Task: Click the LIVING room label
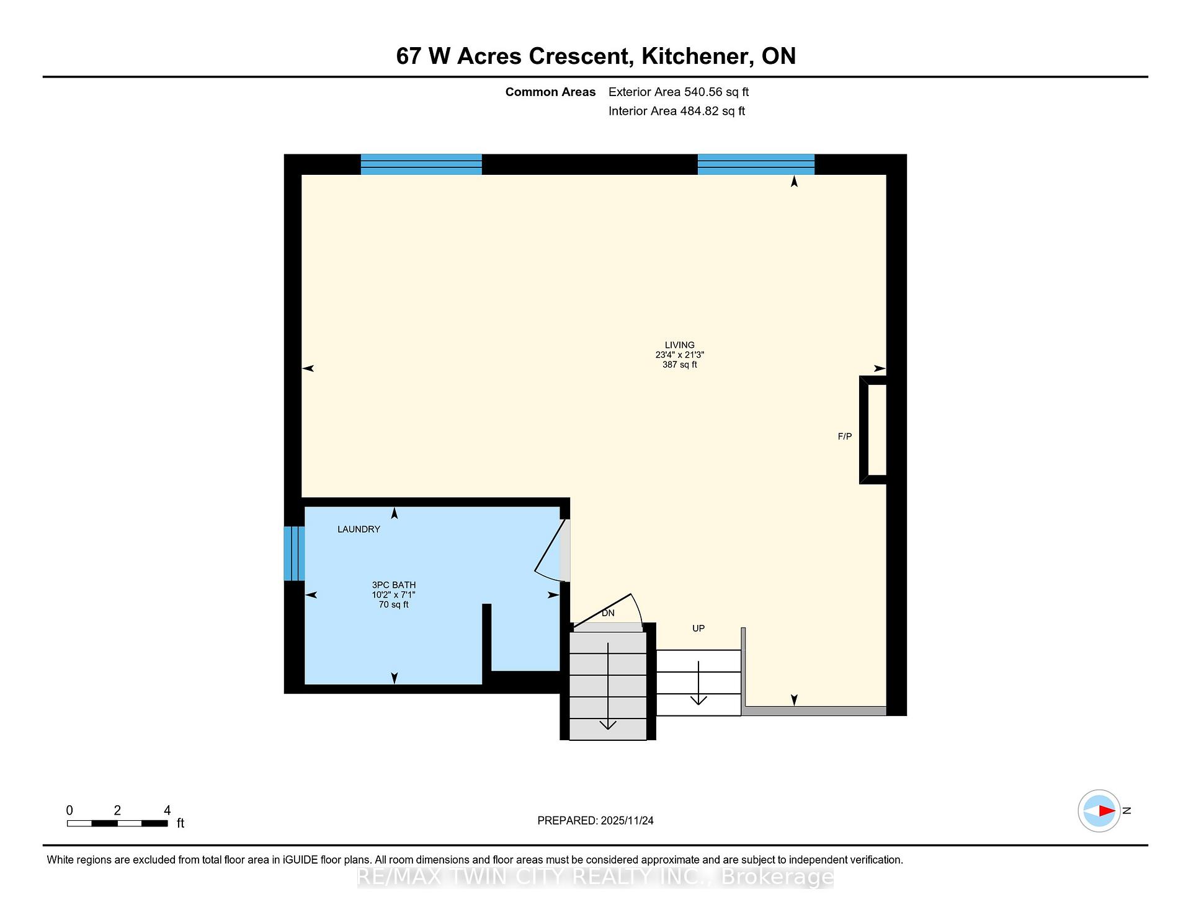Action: tap(679, 345)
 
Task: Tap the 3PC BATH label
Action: tap(394, 585)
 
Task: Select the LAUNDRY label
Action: tap(359, 529)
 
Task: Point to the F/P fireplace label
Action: tap(845, 436)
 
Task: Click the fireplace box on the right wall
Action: tap(863, 430)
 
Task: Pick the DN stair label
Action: tap(608, 613)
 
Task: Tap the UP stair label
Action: tap(698, 628)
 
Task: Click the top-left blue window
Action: tap(421, 164)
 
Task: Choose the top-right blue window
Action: tap(756, 164)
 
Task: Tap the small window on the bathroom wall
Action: tap(295, 554)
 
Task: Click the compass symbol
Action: tap(1099, 810)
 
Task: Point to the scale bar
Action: tap(117, 823)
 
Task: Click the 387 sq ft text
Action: tap(679, 365)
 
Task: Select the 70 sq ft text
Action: tap(394, 604)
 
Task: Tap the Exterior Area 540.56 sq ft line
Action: tap(679, 92)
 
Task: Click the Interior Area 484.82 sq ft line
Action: tap(677, 111)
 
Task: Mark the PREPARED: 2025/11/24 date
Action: tap(595, 820)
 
